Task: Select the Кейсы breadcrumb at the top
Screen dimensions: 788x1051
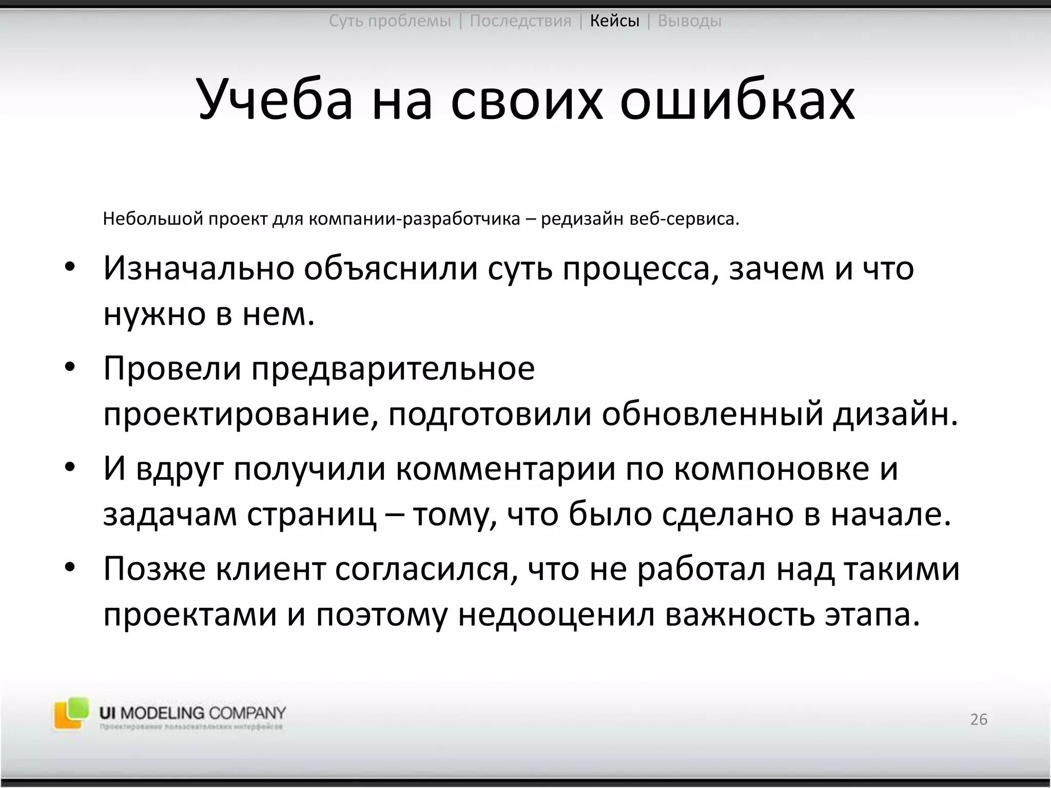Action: coord(614,21)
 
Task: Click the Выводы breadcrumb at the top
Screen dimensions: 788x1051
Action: coord(689,21)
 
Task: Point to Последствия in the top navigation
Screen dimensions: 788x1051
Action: coord(520,21)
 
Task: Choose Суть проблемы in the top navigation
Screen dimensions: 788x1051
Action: coord(390,21)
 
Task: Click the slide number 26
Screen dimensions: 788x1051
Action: coord(979,719)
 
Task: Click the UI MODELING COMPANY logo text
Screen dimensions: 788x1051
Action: coord(192,713)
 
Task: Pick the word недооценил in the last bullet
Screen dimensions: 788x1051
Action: coord(556,615)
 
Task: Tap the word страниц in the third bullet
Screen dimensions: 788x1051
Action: coord(311,515)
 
